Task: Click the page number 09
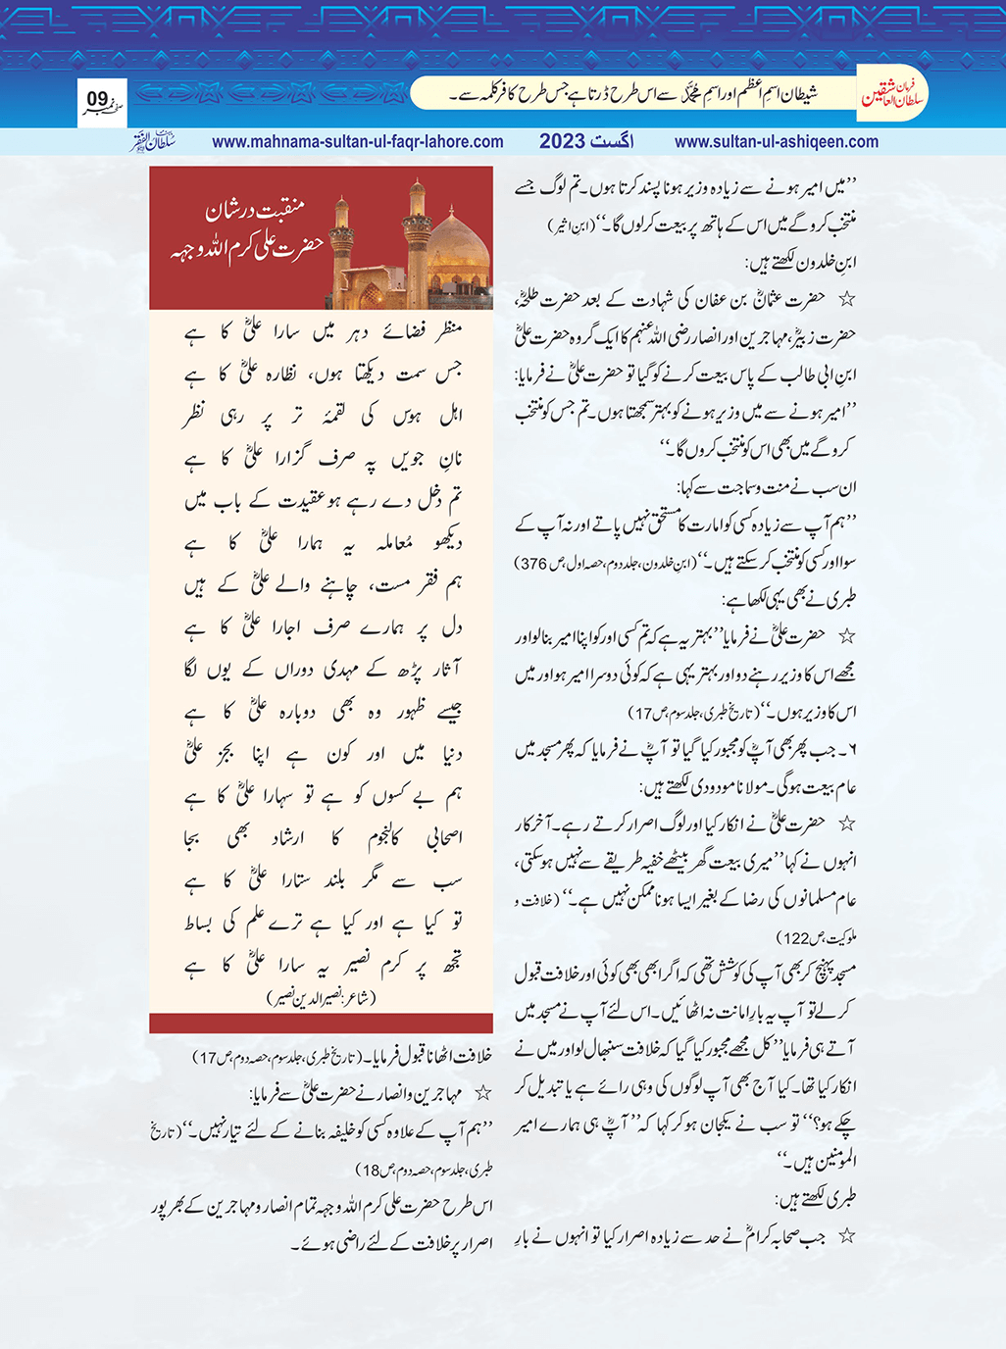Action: click(x=97, y=99)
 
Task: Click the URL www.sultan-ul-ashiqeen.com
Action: click(x=776, y=141)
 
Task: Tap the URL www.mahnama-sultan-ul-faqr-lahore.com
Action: click(x=357, y=141)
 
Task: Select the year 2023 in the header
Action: click(x=562, y=141)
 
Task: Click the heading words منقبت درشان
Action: click(x=255, y=209)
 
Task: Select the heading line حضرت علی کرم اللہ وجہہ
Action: click(x=245, y=245)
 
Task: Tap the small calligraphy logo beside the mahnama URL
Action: click(x=154, y=140)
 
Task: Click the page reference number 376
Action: click(x=534, y=564)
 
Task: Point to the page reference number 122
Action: click(x=794, y=938)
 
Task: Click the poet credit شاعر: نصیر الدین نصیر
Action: click(x=321, y=998)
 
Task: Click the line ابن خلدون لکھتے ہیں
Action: click(x=801, y=263)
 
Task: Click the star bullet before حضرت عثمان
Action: click(x=846, y=299)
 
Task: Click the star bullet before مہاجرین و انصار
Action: click(x=482, y=1092)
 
